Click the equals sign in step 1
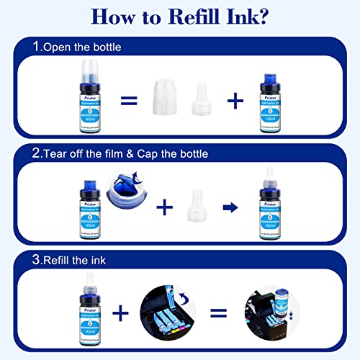128,100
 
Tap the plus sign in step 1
235,100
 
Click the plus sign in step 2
165,207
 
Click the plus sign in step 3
120,312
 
